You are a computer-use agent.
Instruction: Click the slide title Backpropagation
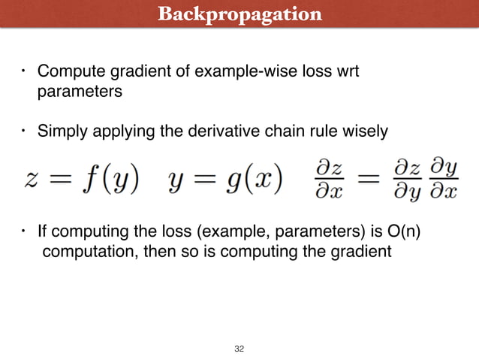click(x=239, y=14)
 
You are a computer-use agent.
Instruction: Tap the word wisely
click(x=366, y=132)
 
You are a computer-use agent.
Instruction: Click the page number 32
click(x=239, y=349)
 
